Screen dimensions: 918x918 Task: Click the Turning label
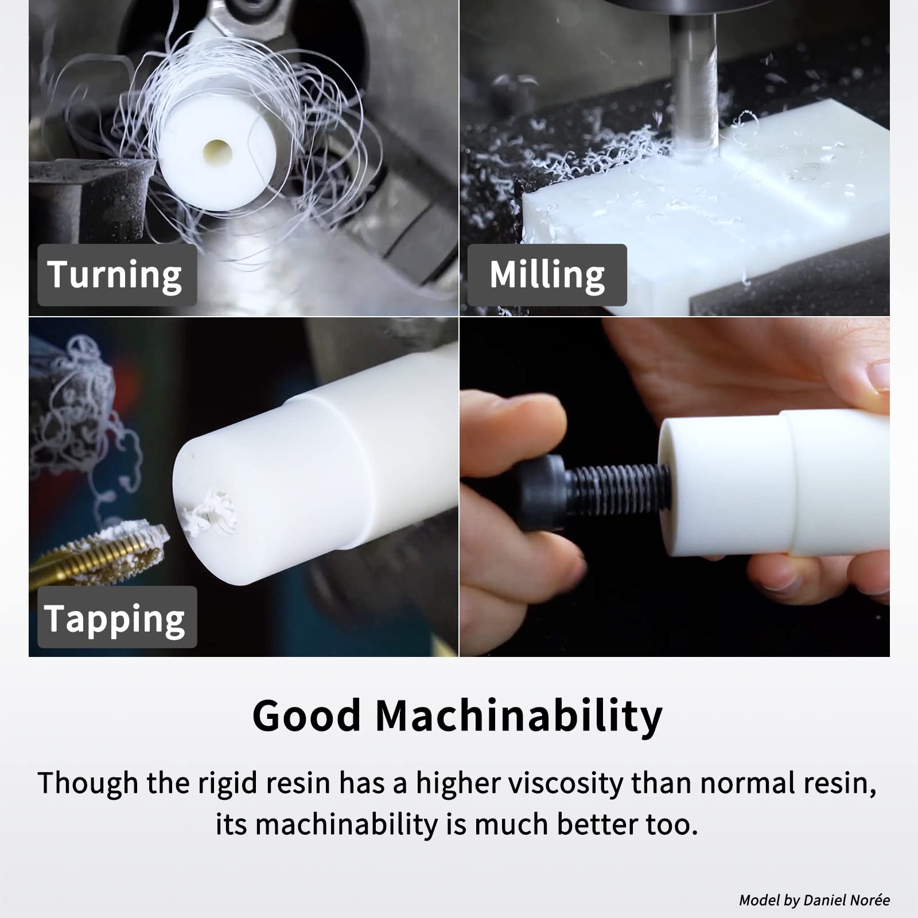click(115, 275)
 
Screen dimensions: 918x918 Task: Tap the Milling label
click(547, 275)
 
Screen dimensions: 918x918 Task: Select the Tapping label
click(115, 618)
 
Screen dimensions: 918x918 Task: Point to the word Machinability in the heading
click(519, 715)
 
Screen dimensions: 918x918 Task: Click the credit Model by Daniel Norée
click(814, 900)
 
